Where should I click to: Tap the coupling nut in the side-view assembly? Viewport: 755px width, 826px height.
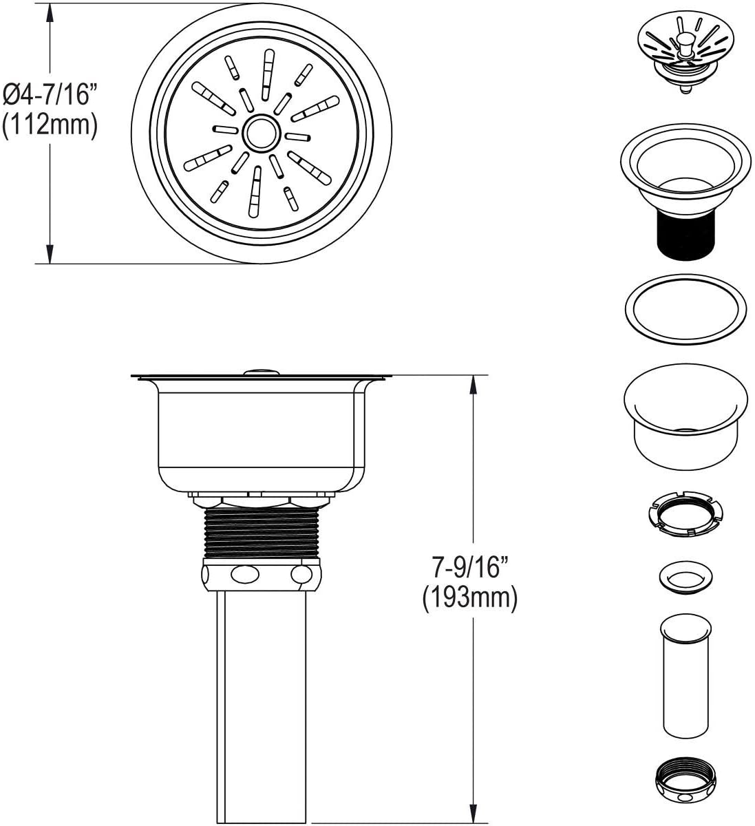tap(261, 574)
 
